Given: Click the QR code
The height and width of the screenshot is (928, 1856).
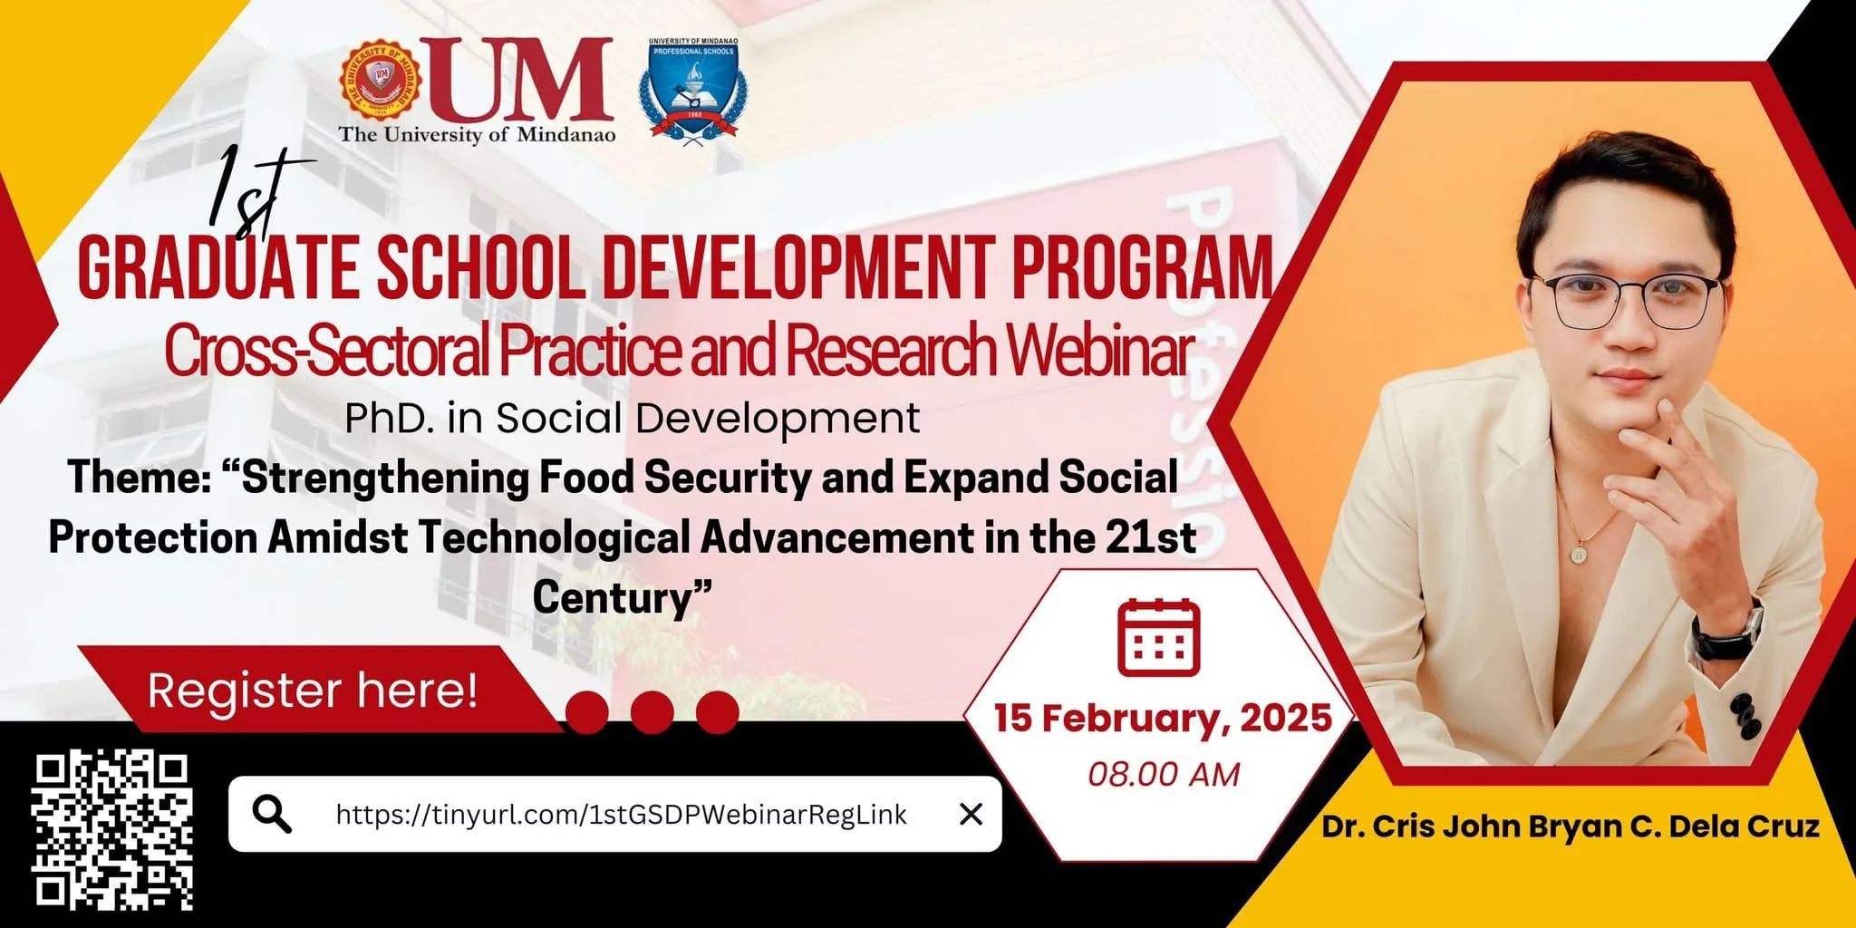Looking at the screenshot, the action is (112, 832).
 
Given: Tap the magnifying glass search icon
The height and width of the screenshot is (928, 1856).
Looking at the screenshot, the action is (272, 814).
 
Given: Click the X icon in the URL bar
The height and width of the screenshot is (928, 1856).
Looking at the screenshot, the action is (971, 815).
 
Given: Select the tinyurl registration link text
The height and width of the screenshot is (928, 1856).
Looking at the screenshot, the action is (621, 815).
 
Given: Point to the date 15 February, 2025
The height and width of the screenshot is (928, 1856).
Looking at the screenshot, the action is (1163, 718).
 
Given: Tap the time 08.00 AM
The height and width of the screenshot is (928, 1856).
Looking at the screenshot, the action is (1164, 775).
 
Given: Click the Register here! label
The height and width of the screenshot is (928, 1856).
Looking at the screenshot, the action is (313, 691).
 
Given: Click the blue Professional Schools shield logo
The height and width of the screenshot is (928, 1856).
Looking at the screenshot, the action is (694, 91).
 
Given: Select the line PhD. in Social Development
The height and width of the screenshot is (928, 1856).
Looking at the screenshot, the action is (633, 419).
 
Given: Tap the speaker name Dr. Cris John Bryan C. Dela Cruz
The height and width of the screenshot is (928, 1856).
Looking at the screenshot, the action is (1571, 826).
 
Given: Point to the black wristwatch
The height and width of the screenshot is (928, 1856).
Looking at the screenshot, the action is (1726, 631).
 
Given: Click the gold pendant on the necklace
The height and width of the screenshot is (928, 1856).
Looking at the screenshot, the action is (1580, 553).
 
